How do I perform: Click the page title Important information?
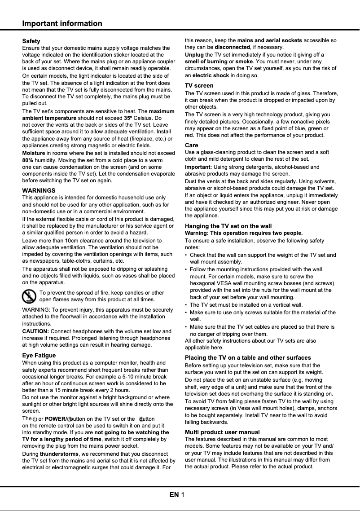tap(62, 23)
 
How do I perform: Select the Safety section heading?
tap(31, 41)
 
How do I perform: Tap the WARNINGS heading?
tap(39, 190)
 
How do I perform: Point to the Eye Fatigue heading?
tap(39, 355)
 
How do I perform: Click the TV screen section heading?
tap(199, 85)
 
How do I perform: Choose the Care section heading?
tap(192, 145)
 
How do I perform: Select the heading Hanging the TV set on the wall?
tap(228, 226)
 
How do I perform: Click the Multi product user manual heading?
tap(222, 432)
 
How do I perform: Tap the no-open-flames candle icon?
tap(29, 296)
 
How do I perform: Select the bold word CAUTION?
tap(35, 331)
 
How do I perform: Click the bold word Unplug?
tap(194, 54)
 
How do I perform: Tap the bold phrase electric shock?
tap(211, 75)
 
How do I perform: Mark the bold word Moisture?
tap(34, 153)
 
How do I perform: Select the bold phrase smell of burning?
tap(206, 62)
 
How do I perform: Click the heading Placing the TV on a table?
tap(248, 357)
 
